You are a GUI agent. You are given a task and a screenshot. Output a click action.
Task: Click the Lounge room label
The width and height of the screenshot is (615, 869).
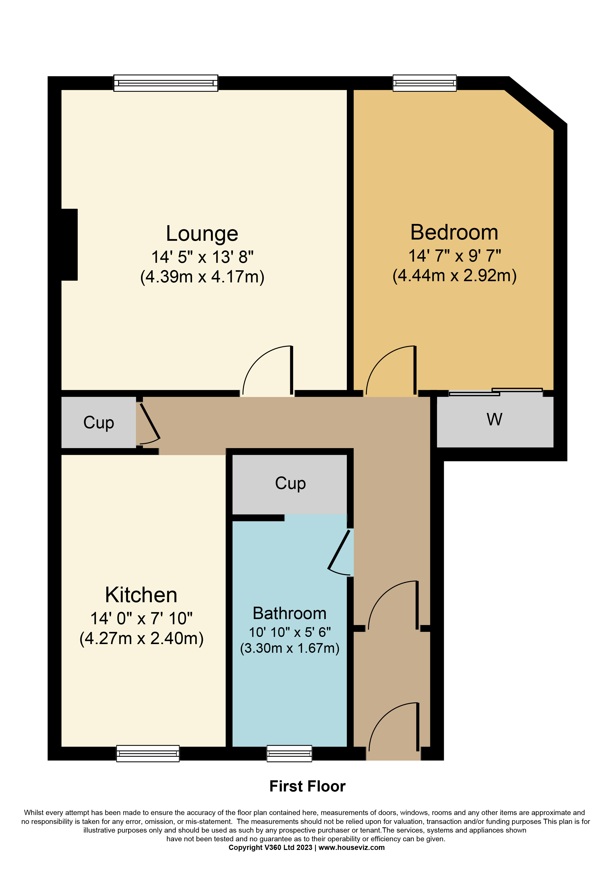[x=202, y=234]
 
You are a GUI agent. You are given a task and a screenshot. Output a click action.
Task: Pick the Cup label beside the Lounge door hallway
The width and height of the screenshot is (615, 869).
[x=98, y=423]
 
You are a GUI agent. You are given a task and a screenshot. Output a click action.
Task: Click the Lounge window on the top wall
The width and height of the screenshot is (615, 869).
[x=166, y=83]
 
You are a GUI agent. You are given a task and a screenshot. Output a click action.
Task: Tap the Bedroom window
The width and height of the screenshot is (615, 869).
[x=424, y=83]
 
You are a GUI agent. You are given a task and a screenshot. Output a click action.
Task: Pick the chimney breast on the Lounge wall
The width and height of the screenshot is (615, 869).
[x=69, y=244]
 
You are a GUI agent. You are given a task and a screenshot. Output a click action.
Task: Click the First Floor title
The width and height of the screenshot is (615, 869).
[x=307, y=786]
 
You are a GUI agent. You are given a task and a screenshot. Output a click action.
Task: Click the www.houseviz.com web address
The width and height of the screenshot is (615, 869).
[x=351, y=847]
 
